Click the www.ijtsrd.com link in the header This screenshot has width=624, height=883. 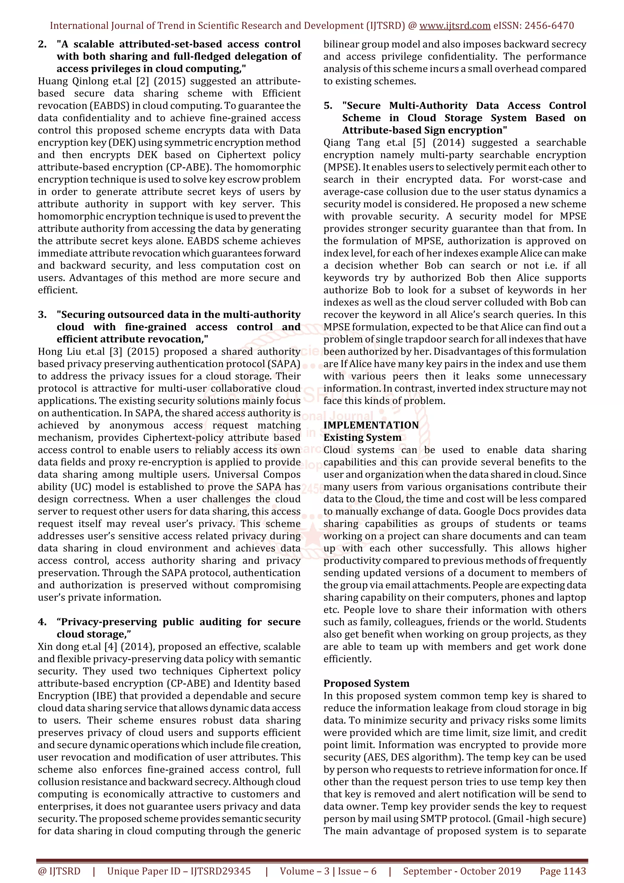pos(455,26)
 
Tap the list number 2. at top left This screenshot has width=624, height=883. pos(42,44)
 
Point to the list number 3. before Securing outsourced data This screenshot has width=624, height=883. pos(42,314)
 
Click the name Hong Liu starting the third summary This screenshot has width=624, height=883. pos(56,352)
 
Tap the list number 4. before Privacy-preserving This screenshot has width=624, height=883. pos(42,622)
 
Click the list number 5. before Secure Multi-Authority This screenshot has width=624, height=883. pos(328,106)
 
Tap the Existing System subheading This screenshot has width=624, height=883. pos(362,438)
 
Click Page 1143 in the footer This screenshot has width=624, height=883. pos(562,871)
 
